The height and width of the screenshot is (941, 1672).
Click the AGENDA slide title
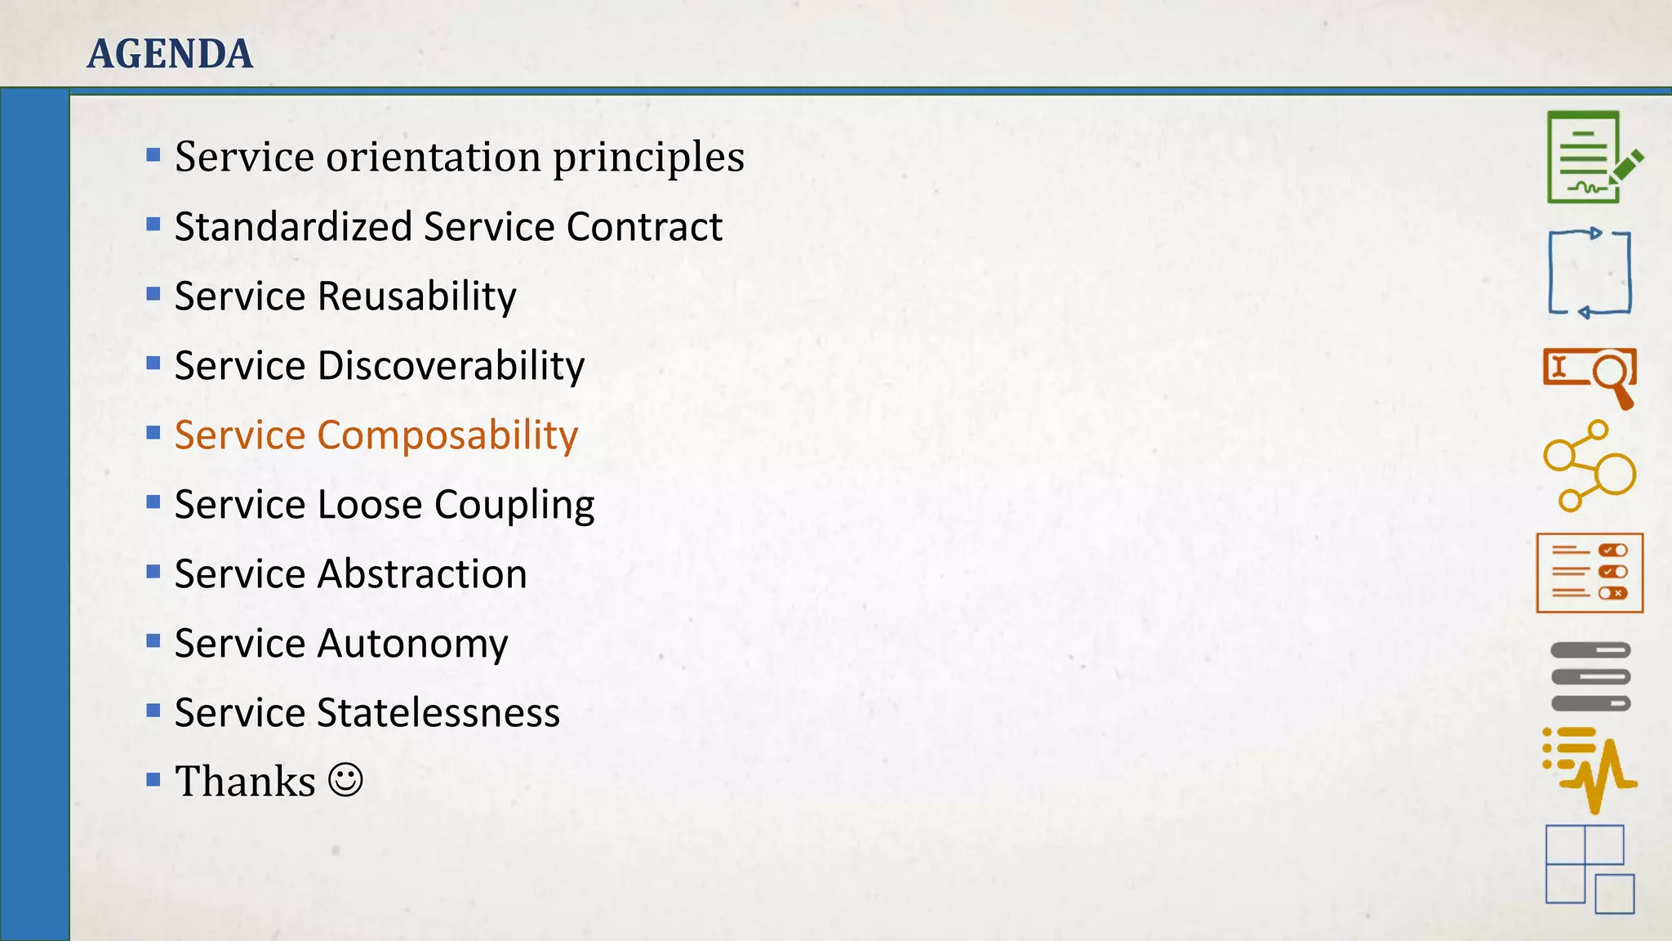(170, 54)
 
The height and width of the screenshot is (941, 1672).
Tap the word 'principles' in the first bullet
(648, 157)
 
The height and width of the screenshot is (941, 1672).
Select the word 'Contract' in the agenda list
(644, 226)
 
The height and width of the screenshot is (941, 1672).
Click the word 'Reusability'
(416, 296)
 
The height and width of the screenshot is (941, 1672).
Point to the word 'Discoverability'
(451, 365)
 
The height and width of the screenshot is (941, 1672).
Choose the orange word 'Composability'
(447, 435)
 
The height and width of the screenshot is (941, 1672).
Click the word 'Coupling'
(514, 505)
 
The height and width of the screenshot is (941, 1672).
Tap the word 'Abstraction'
(422, 573)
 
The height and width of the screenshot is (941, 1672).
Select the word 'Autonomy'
(412, 644)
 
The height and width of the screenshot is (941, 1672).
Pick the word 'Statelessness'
(438, 712)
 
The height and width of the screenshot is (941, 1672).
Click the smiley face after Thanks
(345, 780)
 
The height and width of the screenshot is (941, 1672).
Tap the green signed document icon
(1590, 158)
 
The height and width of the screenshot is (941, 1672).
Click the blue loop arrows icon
(1590, 274)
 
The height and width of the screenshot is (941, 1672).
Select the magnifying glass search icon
(1590, 377)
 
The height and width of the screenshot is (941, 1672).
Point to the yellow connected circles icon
(1589, 466)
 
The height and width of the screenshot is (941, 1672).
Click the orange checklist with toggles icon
(1590, 573)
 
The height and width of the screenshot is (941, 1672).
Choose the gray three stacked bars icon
(1590, 676)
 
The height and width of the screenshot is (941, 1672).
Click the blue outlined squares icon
(1589, 868)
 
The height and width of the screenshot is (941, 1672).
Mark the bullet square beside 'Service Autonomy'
(153, 641)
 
